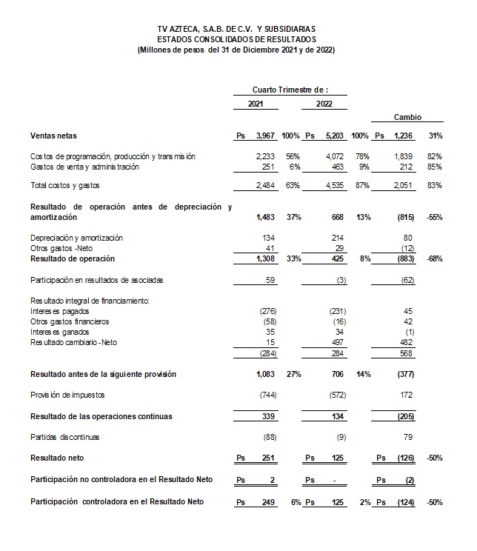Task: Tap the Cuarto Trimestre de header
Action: coord(290,90)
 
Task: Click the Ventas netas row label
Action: coord(53,136)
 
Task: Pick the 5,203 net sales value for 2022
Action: coord(334,136)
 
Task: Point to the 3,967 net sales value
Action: coord(264,136)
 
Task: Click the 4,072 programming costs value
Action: coord(335,156)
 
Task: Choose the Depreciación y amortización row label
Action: coord(76,237)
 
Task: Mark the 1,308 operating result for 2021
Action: coord(264,259)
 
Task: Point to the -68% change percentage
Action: coord(435,259)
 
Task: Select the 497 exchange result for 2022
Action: coord(338,343)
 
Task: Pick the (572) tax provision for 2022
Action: coord(336,395)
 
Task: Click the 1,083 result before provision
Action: coord(264,375)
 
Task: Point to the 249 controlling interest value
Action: coord(268,502)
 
